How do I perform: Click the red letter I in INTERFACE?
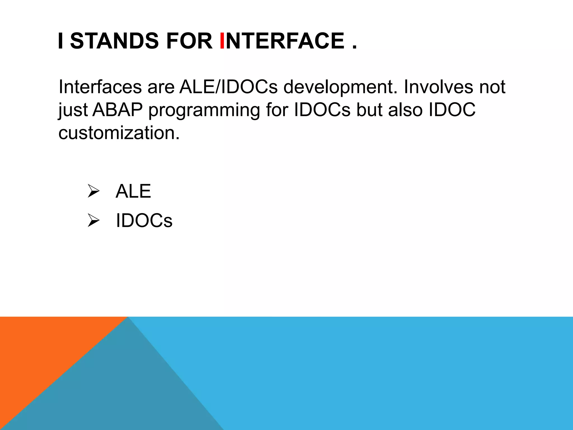(x=222, y=41)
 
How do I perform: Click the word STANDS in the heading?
(x=114, y=41)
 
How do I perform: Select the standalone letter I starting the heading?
(x=60, y=41)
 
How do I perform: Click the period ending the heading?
(x=354, y=48)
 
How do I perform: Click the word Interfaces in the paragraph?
(x=100, y=87)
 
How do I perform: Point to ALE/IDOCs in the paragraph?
(x=228, y=87)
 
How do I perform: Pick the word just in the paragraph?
(x=73, y=110)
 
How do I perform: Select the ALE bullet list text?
(x=133, y=191)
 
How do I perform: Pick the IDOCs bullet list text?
(x=144, y=221)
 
